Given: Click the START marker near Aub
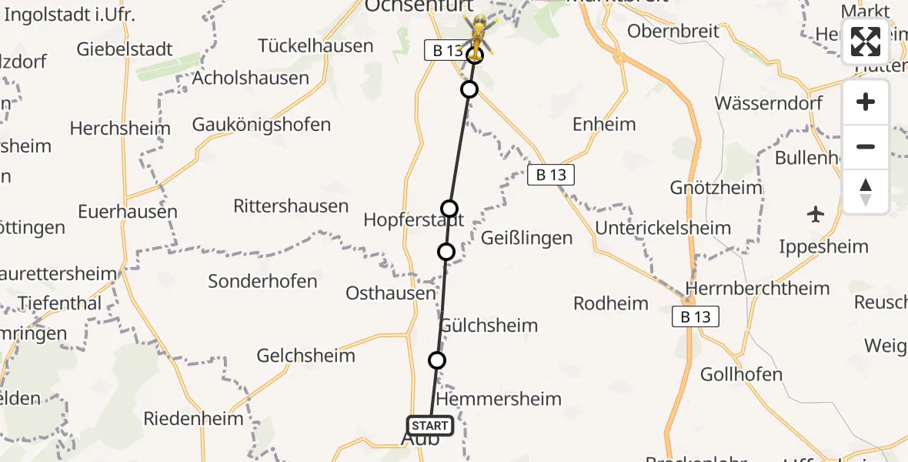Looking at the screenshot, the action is tap(429, 425).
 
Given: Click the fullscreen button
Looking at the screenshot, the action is tap(866, 42).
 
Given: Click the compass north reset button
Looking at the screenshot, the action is tap(866, 192).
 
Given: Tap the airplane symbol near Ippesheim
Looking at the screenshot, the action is tap(816, 214).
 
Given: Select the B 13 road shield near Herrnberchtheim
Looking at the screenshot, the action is tap(696, 316).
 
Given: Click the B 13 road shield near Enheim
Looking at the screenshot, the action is tap(551, 175).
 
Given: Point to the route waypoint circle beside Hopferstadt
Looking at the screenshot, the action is tap(449, 209).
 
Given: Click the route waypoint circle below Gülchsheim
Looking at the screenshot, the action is tap(437, 360).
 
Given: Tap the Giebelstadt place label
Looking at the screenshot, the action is tap(125, 50).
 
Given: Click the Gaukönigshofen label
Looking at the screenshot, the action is tap(262, 125).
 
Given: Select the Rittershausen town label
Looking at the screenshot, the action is tap(291, 206).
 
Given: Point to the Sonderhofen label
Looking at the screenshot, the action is tap(262, 281).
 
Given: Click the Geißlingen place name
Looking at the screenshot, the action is tap(526, 238).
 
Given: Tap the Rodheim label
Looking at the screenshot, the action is tap(611, 303).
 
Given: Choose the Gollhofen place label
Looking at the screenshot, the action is tap(741, 375).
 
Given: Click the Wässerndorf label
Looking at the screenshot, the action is tap(769, 103).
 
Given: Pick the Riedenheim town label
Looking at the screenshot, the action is tap(193, 419).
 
